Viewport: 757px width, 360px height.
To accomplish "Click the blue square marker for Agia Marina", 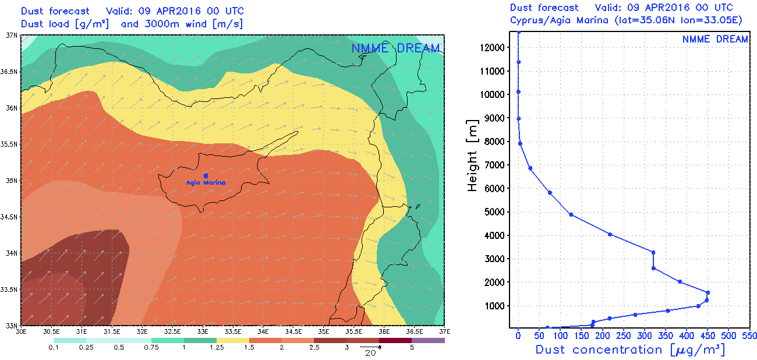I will click(x=206, y=175).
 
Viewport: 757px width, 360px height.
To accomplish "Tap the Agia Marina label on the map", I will click(x=206, y=183).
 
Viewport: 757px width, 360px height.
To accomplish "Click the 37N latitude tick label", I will click(x=12, y=35).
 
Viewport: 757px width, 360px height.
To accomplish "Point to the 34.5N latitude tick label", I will click(x=10, y=217).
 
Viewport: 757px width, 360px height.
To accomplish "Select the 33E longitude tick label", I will click(x=202, y=331).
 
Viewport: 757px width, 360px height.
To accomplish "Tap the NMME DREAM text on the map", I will click(x=395, y=48).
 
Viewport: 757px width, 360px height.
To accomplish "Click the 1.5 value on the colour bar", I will click(x=249, y=348).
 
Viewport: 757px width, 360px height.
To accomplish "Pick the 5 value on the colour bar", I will click(x=412, y=348).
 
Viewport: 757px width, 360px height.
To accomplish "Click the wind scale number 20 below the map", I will click(x=369, y=353).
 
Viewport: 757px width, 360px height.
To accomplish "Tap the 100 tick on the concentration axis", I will click(x=560, y=336).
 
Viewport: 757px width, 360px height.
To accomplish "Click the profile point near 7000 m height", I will click(x=530, y=168).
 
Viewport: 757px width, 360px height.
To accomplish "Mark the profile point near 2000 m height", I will click(x=680, y=281).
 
